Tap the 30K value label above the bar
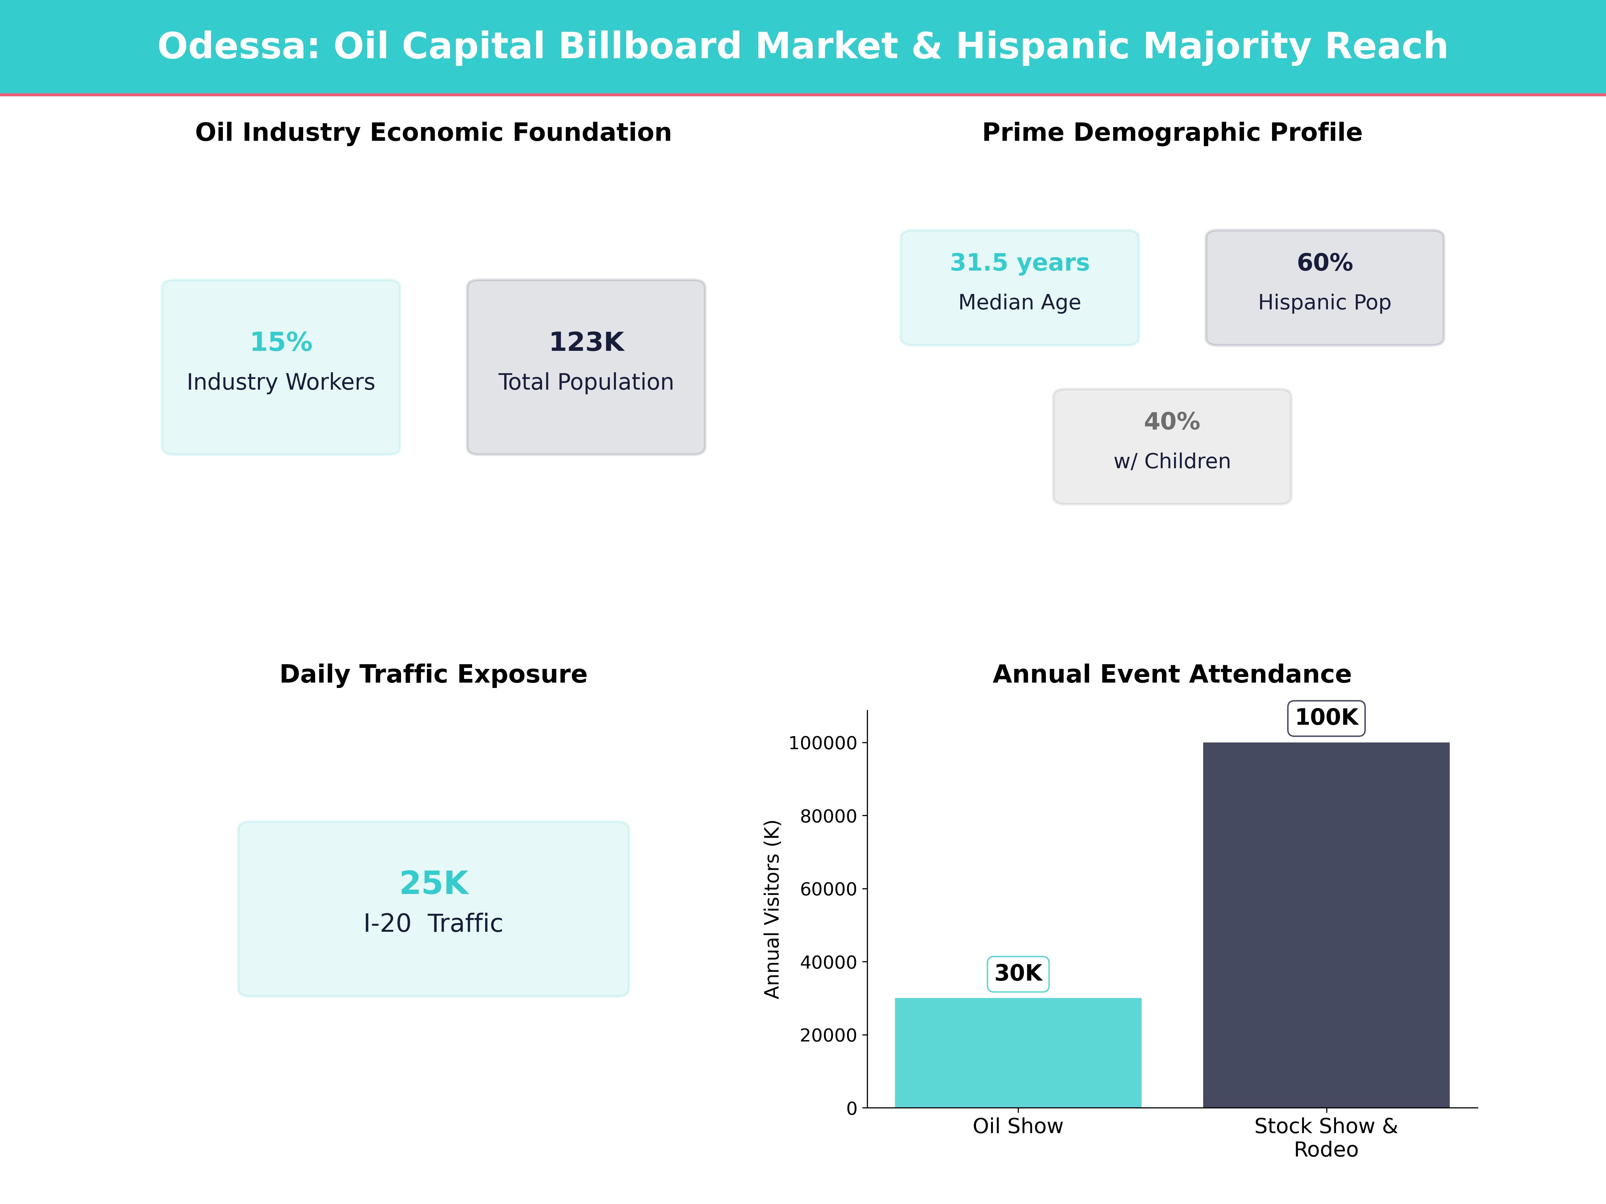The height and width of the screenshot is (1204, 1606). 1018,973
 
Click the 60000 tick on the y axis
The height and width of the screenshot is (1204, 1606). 828,889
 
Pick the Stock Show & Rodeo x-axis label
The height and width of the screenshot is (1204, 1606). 1326,1137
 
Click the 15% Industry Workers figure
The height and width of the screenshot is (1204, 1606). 281,342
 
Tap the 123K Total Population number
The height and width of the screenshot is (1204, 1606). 586,342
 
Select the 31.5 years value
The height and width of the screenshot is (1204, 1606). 1019,263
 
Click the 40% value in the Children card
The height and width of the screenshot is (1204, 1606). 1172,422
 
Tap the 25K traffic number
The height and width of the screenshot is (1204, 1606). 433,883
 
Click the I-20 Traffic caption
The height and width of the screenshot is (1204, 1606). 433,923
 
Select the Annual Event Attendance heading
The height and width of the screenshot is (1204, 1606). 1172,674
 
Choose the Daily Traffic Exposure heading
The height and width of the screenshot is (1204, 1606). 433,674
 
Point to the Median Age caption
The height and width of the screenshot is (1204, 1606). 1019,302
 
